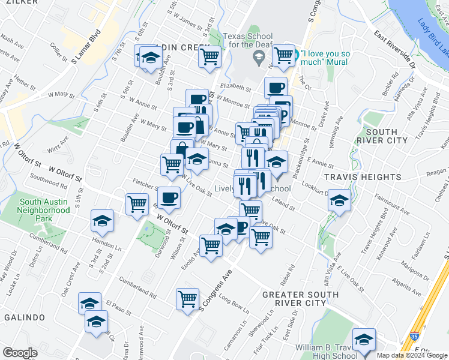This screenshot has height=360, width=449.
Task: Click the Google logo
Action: pyautogui.click(x=20, y=353)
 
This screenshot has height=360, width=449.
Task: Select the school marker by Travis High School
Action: pyautogui.click(x=364, y=340)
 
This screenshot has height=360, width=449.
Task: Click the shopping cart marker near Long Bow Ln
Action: pyautogui.click(x=188, y=299)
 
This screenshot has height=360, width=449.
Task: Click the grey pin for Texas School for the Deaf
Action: pyautogui.click(x=259, y=58)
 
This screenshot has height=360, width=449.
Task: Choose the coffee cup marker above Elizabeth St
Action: pyautogui.click(x=276, y=88)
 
